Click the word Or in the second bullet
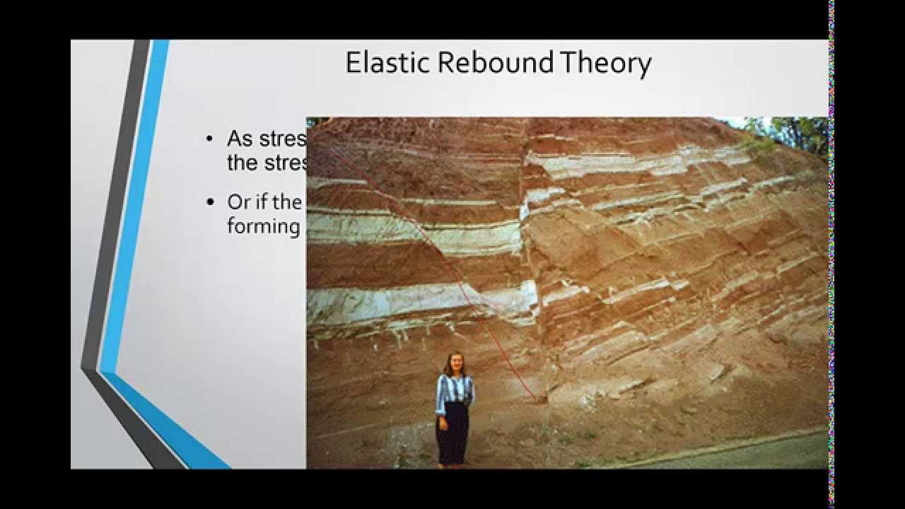(239, 202)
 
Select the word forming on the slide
(264, 226)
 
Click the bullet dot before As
(209, 139)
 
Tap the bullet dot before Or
(209, 203)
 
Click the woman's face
(453, 365)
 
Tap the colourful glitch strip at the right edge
(831, 255)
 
